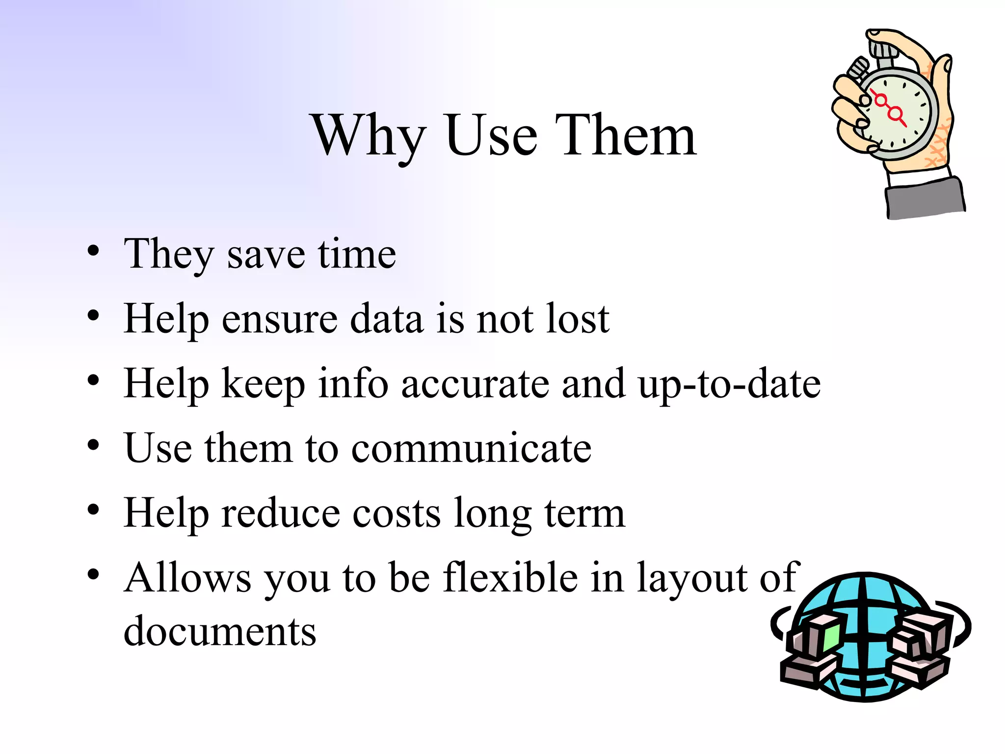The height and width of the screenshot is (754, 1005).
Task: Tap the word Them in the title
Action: point(626,135)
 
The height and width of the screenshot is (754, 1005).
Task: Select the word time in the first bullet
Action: point(357,254)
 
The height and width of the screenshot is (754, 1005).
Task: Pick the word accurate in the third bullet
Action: point(475,384)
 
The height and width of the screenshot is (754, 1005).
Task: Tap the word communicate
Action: point(471,449)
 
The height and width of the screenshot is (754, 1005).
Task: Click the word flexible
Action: point(510,578)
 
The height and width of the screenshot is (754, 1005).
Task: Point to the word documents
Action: point(220,632)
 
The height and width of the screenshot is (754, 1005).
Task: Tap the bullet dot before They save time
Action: point(93,251)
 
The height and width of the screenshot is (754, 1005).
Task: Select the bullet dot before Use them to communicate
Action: point(93,445)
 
